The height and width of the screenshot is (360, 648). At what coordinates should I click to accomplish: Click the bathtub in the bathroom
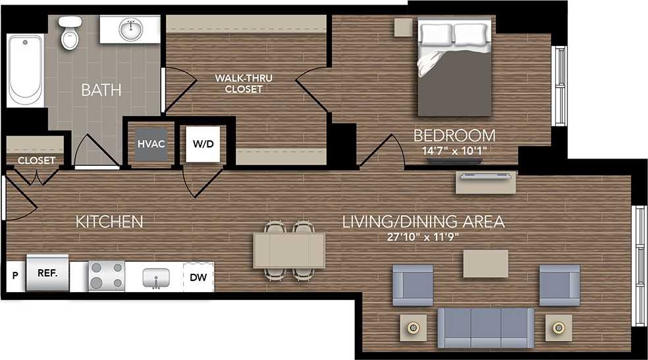[25, 70]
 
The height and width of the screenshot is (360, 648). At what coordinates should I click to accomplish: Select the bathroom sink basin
[130, 30]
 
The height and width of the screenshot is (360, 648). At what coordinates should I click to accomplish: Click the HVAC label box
[146, 143]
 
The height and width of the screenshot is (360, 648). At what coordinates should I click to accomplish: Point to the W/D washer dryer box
[202, 143]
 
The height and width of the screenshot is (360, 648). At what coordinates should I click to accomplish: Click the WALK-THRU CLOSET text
[243, 84]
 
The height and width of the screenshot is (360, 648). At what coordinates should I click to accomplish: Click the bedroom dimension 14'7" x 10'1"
[454, 150]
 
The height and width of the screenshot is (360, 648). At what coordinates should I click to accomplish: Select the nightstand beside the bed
[403, 27]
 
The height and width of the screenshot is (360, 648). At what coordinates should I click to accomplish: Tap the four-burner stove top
[107, 275]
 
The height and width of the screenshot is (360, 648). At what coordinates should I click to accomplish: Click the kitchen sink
[157, 277]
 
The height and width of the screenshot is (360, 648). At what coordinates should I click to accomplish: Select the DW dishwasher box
[198, 277]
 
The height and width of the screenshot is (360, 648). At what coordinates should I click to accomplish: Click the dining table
[289, 250]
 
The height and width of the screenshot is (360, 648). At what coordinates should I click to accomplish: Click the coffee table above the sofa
[485, 263]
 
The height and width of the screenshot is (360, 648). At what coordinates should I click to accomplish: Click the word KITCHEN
[109, 222]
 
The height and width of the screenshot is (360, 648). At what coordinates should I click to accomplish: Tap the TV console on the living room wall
[486, 182]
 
